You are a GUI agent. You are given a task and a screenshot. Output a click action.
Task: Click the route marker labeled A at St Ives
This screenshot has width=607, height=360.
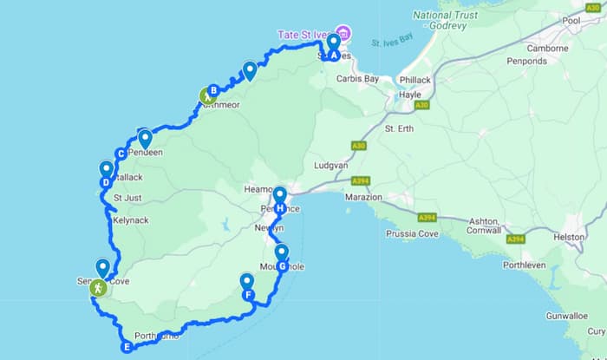(x=333, y=55)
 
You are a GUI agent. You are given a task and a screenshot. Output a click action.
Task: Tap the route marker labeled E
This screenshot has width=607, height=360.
(x=127, y=348)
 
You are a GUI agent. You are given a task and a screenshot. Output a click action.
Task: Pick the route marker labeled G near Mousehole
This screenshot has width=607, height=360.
(x=282, y=266)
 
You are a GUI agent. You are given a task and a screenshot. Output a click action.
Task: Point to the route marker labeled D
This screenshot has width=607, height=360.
(x=106, y=182)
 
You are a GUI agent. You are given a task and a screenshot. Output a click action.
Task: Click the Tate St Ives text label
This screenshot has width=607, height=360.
(x=304, y=34)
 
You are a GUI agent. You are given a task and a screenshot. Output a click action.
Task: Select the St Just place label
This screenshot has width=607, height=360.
(x=127, y=198)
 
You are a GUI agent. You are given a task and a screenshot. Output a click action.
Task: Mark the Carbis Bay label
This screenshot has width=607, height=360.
(x=358, y=78)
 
